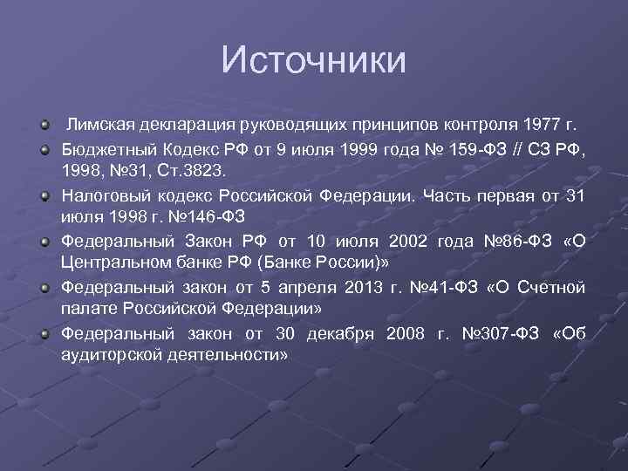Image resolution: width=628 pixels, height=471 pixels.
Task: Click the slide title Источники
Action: click(314, 60)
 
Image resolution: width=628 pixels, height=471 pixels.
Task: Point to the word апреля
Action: click(312, 287)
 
